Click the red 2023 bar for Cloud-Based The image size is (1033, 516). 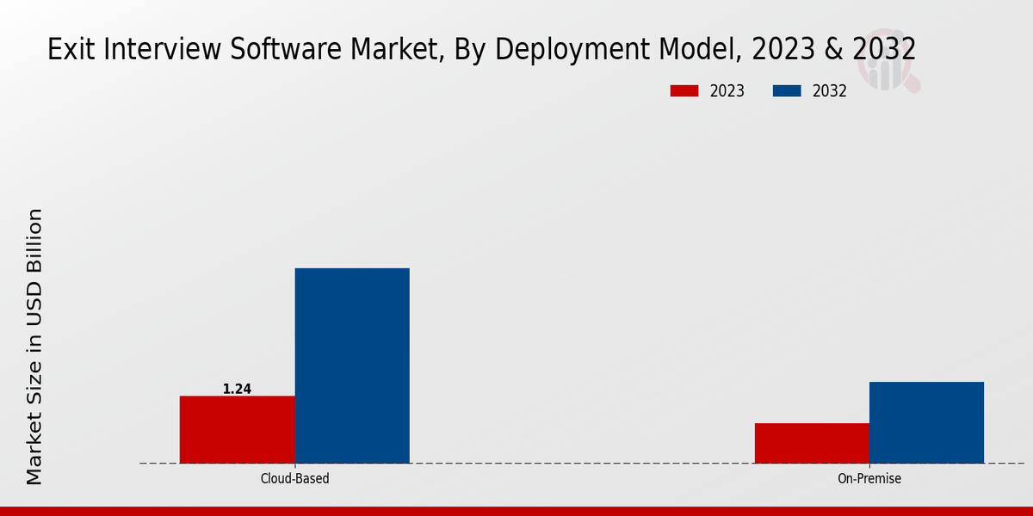pos(237,429)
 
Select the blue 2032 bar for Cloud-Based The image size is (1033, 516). pos(352,365)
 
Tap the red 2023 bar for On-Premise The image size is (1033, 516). pos(812,443)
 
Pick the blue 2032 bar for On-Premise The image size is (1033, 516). pos(926,422)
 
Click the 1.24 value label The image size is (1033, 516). pos(237,389)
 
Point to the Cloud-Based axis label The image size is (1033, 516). pos(294,478)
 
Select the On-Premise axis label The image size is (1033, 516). pos(869,478)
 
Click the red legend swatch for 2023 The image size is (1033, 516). pos(685,91)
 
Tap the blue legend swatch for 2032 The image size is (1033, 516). pos(788,91)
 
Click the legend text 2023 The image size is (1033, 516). pos(727,91)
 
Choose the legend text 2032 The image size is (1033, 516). pos(830,91)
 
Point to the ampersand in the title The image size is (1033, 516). pos(832,49)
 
